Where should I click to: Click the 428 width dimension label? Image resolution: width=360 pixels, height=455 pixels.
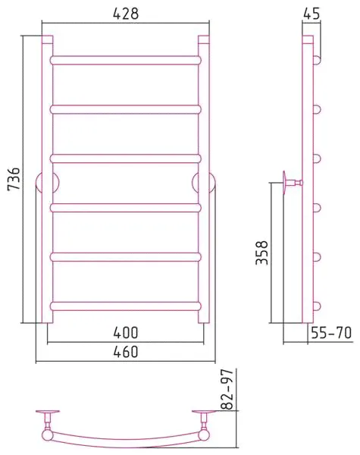[x=126, y=14]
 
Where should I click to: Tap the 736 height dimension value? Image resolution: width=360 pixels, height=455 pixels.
[x=14, y=179]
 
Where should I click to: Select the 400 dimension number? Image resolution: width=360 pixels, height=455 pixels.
[x=126, y=333]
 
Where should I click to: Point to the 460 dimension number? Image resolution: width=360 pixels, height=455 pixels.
[x=126, y=352]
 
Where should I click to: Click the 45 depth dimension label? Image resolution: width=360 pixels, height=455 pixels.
[x=311, y=14]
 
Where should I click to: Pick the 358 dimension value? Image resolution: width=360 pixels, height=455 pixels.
[x=261, y=253]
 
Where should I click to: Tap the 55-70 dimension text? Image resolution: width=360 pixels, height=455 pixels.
[x=331, y=333]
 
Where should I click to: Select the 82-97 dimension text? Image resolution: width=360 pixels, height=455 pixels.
[x=227, y=389]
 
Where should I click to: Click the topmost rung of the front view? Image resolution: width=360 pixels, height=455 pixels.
[x=126, y=60]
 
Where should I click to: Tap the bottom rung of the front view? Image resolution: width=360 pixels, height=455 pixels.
[x=126, y=306]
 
